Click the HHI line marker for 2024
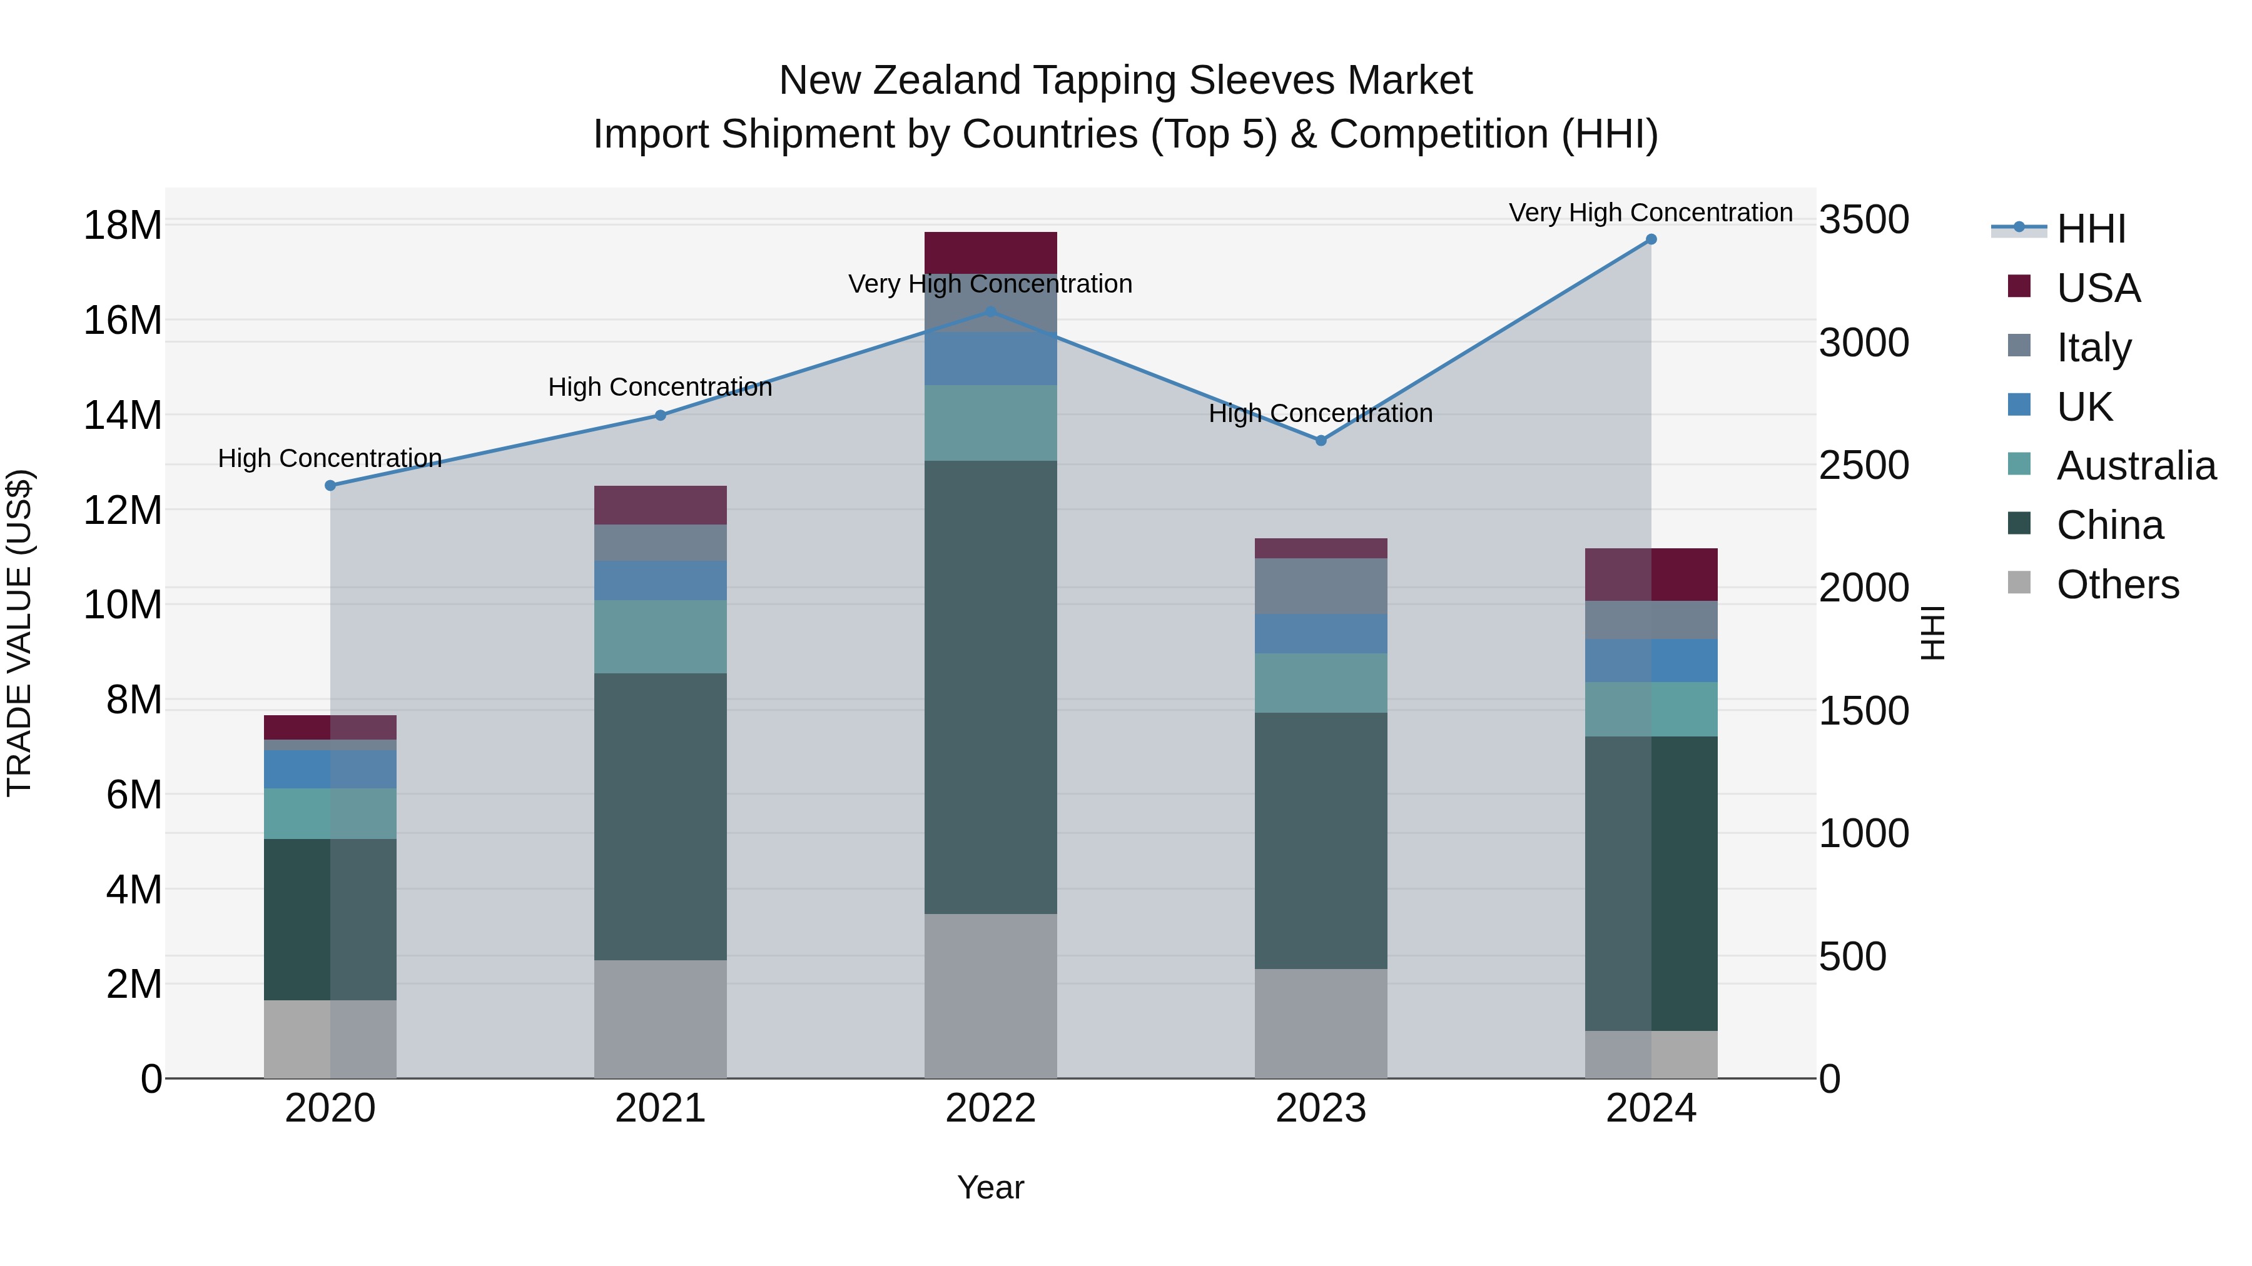click(x=1651, y=239)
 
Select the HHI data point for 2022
click(x=990, y=312)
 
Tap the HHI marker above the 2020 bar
click(x=330, y=486)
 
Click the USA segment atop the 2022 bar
click(x=990, y=253)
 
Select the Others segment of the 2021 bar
click(x=660, y=1019)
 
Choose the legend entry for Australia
click(x=2136, y=466)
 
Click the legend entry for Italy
click(x=2094, y=348)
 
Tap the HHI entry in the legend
click(x=2090, y=229)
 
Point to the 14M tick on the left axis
click(x=123, y=416)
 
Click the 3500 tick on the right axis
click(x=1864, y=220)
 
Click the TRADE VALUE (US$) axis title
click(x=19, y=633)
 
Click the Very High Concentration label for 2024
click(x=1651, y=213)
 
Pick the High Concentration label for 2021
click(x=660, y=387)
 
